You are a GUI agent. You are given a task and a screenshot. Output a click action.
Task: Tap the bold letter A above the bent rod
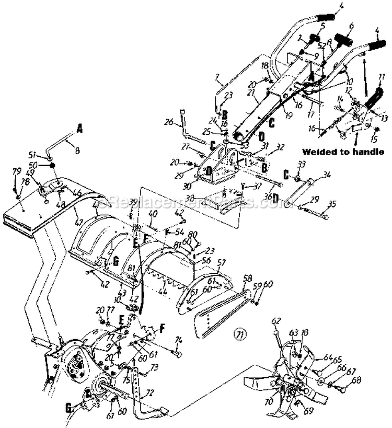click(80, 127)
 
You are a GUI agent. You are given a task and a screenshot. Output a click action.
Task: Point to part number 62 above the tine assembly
click(276, 320)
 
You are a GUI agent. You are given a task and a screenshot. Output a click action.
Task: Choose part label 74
click(179, 341)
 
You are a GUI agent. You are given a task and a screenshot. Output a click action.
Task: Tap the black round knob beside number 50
click(53, 165)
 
